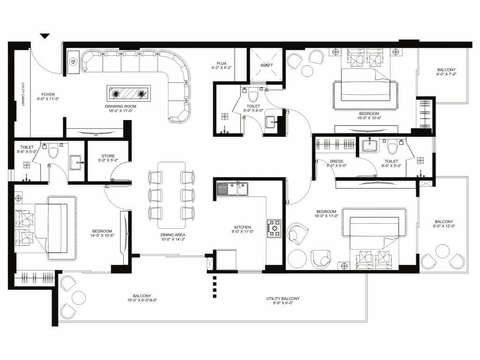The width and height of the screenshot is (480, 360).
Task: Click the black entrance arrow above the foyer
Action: (45, 36)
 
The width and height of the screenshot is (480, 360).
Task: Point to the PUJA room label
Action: (221, 63)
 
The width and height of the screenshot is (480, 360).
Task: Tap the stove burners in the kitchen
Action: (273, 228)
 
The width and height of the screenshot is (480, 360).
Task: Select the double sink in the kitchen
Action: (232, 189)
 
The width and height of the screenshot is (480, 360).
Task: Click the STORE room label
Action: (108, 157)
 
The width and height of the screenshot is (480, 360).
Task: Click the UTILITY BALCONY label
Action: (283, 299)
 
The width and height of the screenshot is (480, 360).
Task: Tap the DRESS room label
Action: (336, 161)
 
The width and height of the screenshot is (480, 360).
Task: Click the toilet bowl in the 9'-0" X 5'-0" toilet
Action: (392, 147)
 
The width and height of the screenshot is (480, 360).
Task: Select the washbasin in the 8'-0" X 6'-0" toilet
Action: (271, 121)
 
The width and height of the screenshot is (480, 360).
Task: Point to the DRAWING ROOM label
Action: (120, 107)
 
